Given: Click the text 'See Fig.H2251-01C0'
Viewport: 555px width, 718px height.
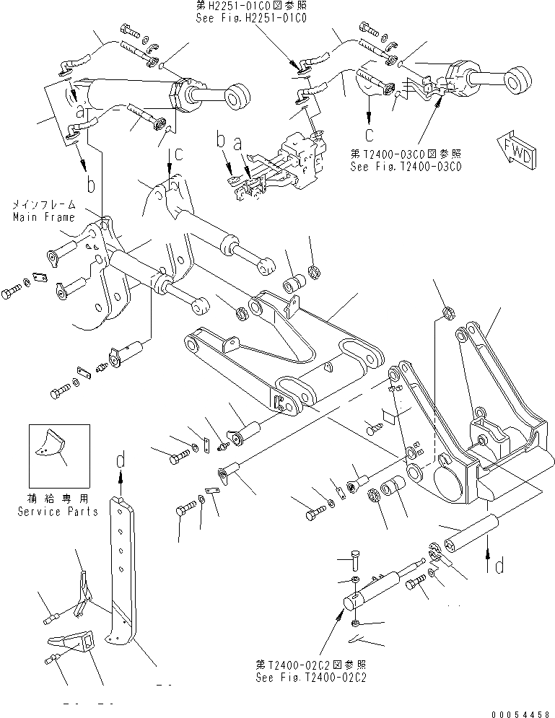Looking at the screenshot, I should point(252,19).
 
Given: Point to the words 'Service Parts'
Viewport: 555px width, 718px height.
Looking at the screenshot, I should point(58,512).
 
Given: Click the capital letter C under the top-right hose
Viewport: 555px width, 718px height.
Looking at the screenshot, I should point(370,133).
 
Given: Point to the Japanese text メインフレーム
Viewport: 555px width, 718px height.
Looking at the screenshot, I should point(43,206).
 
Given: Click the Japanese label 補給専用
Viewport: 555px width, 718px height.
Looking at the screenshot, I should point(58,498).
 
